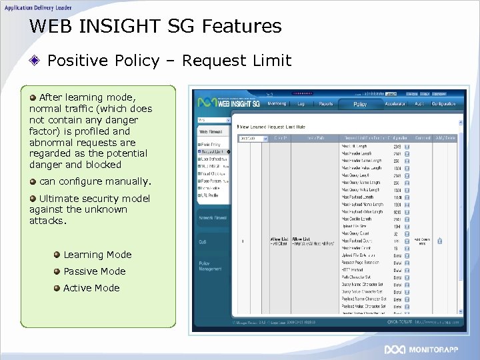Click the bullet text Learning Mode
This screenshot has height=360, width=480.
[97, 255]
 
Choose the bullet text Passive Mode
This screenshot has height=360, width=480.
[94, 271]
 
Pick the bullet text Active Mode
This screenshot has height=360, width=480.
[91, 288]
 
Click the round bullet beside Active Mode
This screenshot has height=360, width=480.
[58, 288]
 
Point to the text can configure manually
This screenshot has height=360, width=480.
[95, 181]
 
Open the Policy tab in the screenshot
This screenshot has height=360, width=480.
[360, 105]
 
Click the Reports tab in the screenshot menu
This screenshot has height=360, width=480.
[326, 104]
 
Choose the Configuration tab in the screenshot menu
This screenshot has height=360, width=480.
[443, 104]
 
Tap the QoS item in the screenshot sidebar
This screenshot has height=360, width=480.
[202, 242]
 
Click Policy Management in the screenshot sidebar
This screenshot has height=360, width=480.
[210, 265]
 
